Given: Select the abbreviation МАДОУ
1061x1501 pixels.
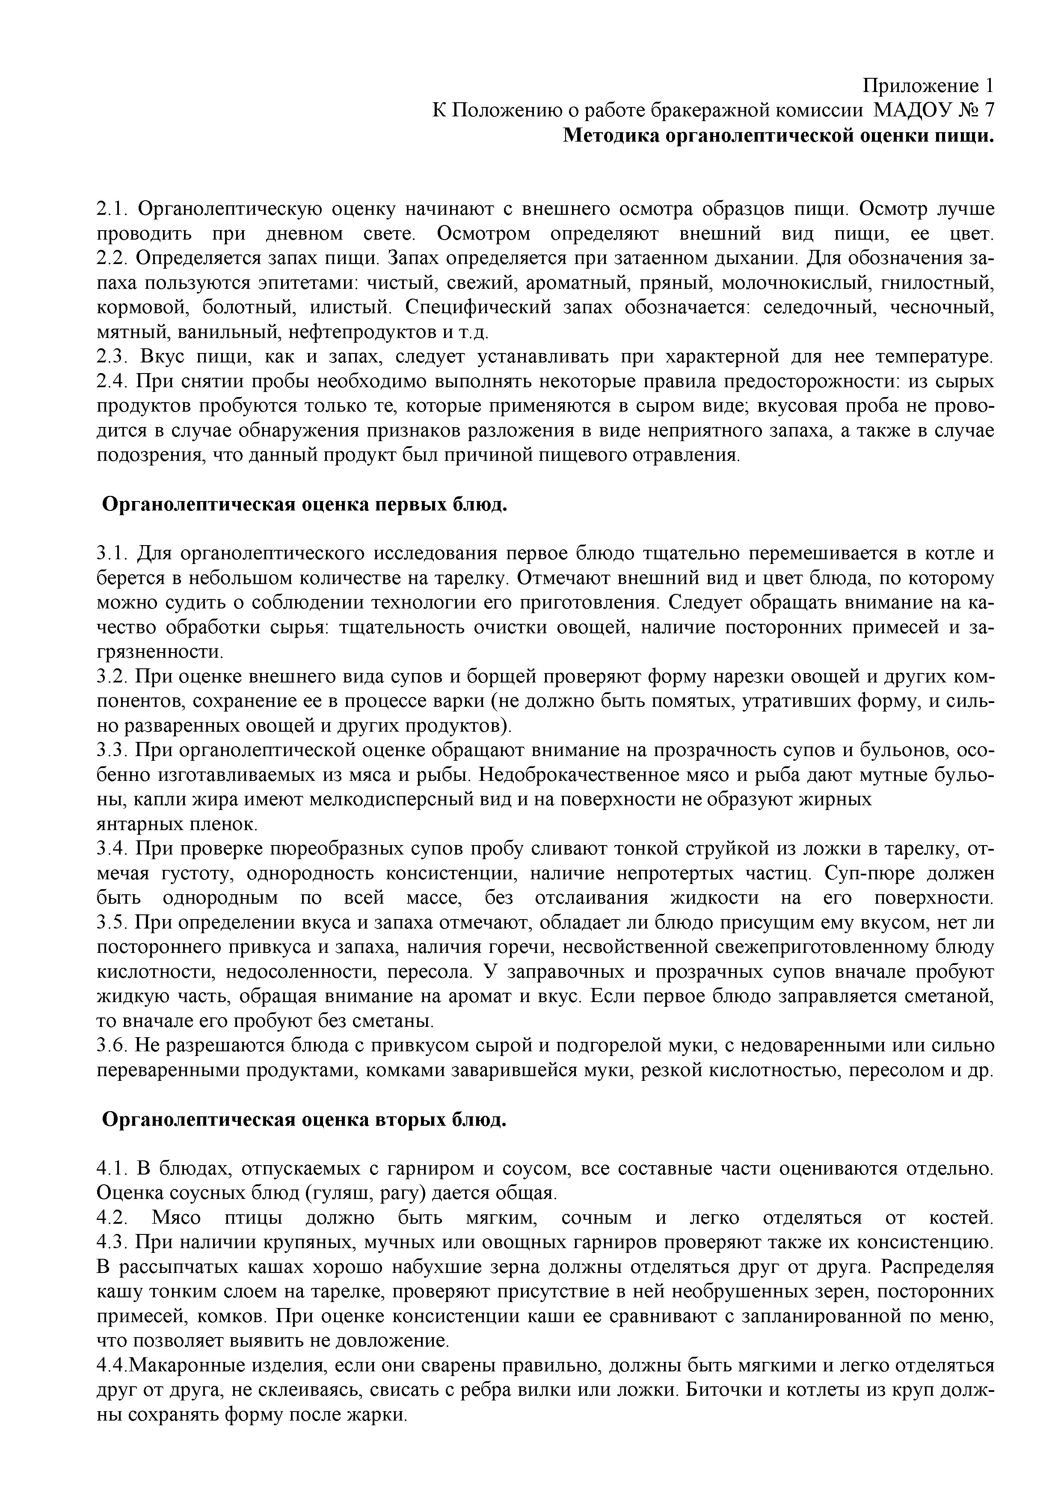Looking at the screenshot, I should [x=912, y=110].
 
